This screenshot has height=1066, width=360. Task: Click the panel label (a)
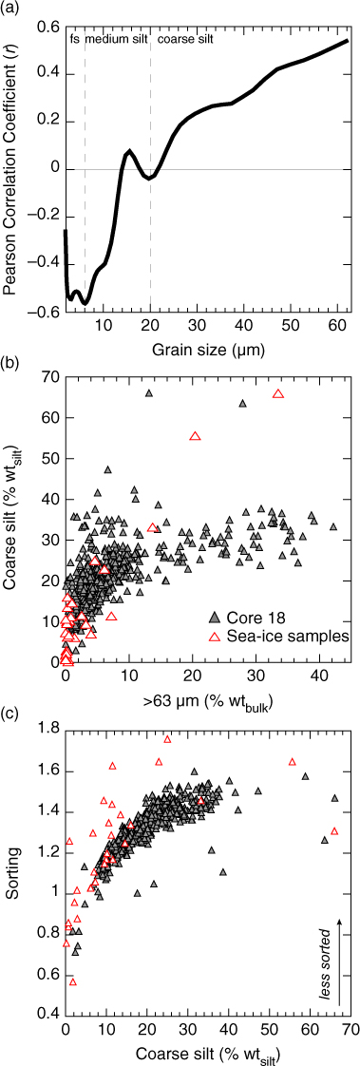click(x=10, y=9)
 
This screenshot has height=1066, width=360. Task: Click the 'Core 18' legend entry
click(x=247, y=618)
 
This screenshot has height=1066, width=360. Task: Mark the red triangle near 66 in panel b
click(x=277, y=393)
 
